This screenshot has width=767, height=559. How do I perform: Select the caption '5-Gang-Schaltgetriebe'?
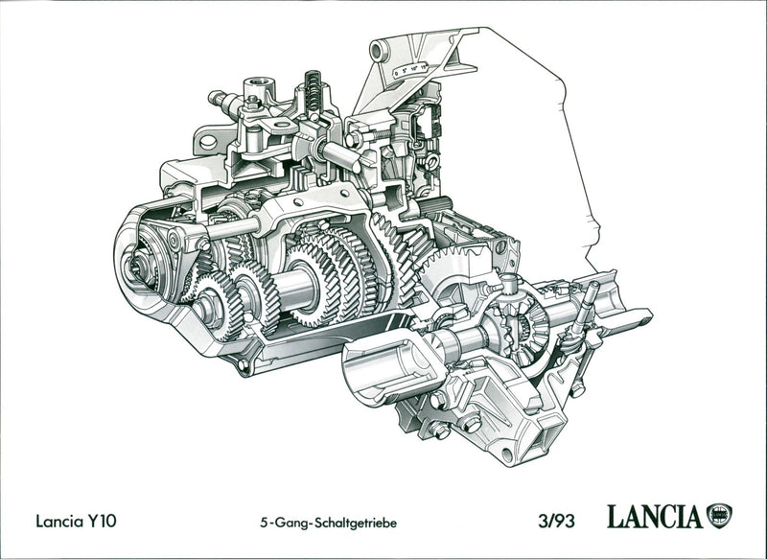point(328,524)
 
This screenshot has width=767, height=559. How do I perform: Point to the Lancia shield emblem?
point(719,515)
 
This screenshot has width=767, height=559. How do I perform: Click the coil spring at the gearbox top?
point(311,88)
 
